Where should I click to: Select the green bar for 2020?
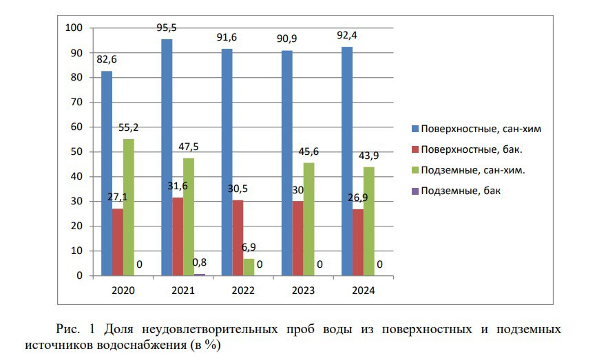[x=129, y=207]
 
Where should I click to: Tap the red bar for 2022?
[x=238, y=237]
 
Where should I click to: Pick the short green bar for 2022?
[x=249, y=267]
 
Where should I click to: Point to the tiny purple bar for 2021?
[x=200, y=274]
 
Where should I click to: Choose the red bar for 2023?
[x=297, y=238]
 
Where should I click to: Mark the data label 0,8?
[x=199, y=262]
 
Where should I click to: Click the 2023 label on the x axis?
[x=303, y=290]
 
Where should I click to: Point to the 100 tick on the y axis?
[x=73, y=28]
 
